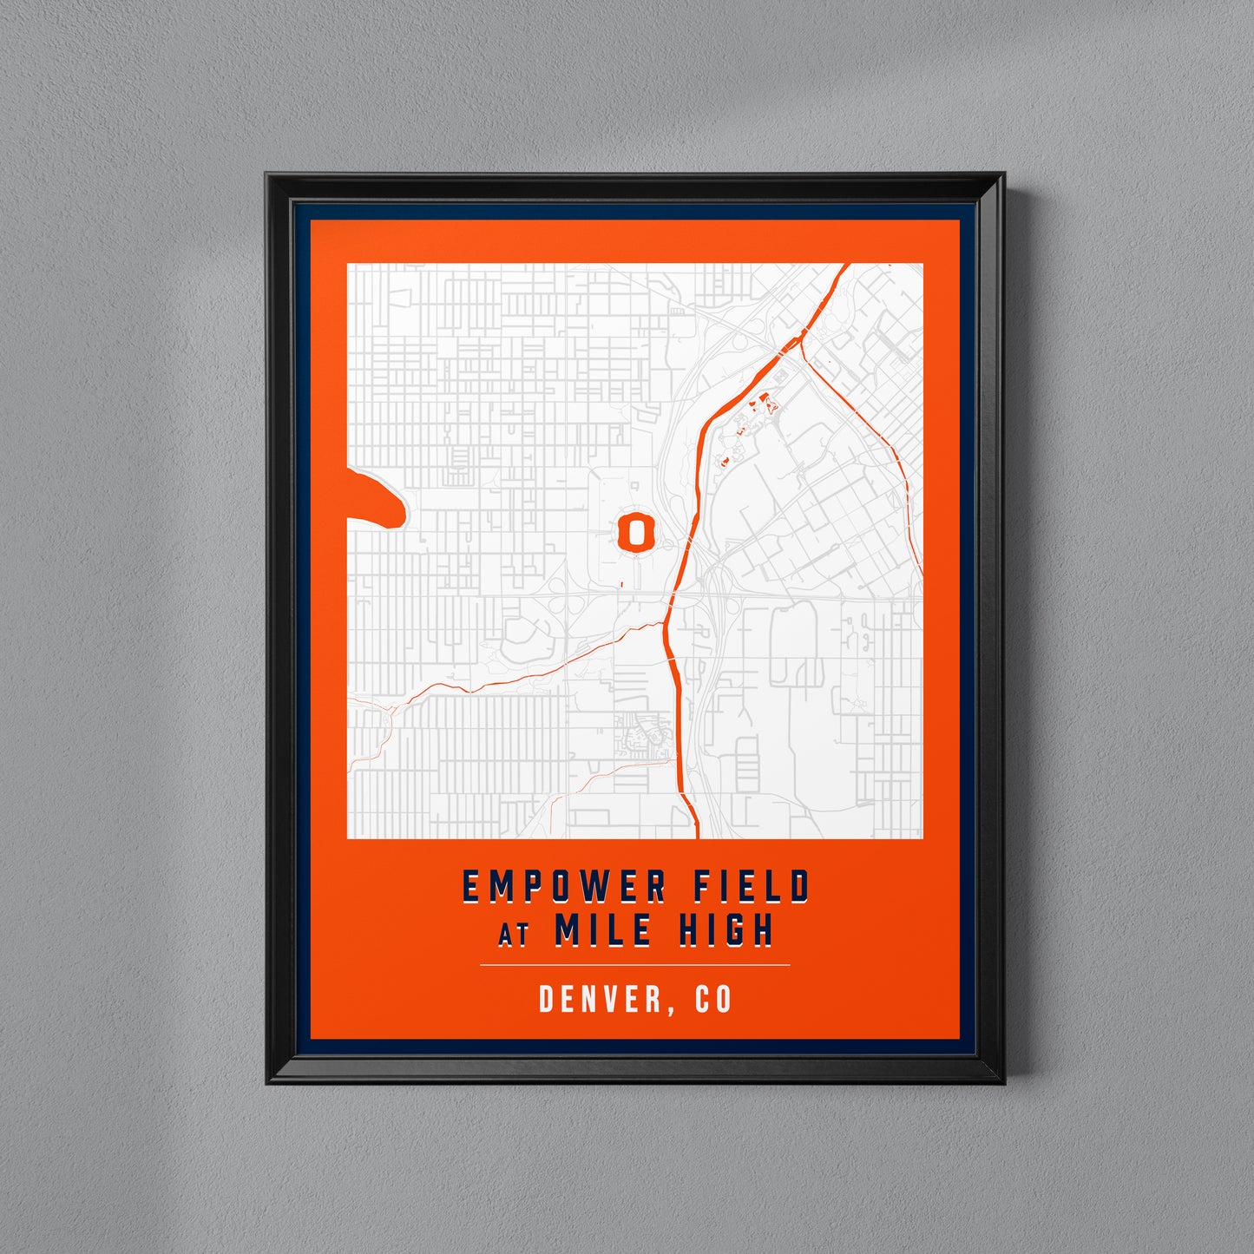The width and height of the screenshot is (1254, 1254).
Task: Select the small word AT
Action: pyautogui.click(x=514, y=936)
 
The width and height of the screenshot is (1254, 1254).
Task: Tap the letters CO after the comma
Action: pyautogui.click(x=713, y=999)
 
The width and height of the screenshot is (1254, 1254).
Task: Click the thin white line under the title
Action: pyautogui.click(x=634, y=964)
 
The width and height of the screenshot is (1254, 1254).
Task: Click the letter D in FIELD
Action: pyautogui.click(x=799, y=887)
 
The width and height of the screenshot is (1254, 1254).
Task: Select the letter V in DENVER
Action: pyautogui.click(x=616, y=999)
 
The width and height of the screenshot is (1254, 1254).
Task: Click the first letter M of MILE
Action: pyautogui.click(x=568, y=929)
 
